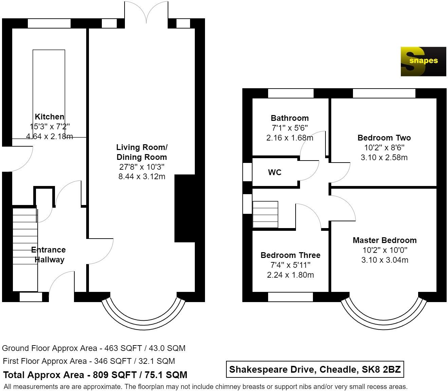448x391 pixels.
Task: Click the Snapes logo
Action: click(423, 61)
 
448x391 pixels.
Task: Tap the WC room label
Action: click(275, 172)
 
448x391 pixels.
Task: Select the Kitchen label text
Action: click(50, 117)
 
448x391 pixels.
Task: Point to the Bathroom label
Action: click(290, 118)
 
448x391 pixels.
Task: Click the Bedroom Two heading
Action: click(384, 138)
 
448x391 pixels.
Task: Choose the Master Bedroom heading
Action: click(385, 240)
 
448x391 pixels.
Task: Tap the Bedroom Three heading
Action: click(290, 255)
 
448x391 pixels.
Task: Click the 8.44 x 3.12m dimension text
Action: click(142, 176)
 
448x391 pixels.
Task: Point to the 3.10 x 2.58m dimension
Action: click(384, 157)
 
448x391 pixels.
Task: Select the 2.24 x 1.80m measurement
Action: click(290, 275)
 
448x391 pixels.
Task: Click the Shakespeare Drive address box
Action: click(315, 369)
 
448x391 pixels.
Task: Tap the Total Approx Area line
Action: click(95, 375)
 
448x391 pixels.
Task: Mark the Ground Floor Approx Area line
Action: click(94, 348)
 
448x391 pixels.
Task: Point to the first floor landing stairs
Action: click(265, 215)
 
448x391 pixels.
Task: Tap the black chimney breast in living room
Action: click(185, 208)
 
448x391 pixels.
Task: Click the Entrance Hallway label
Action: click(49, 255)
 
